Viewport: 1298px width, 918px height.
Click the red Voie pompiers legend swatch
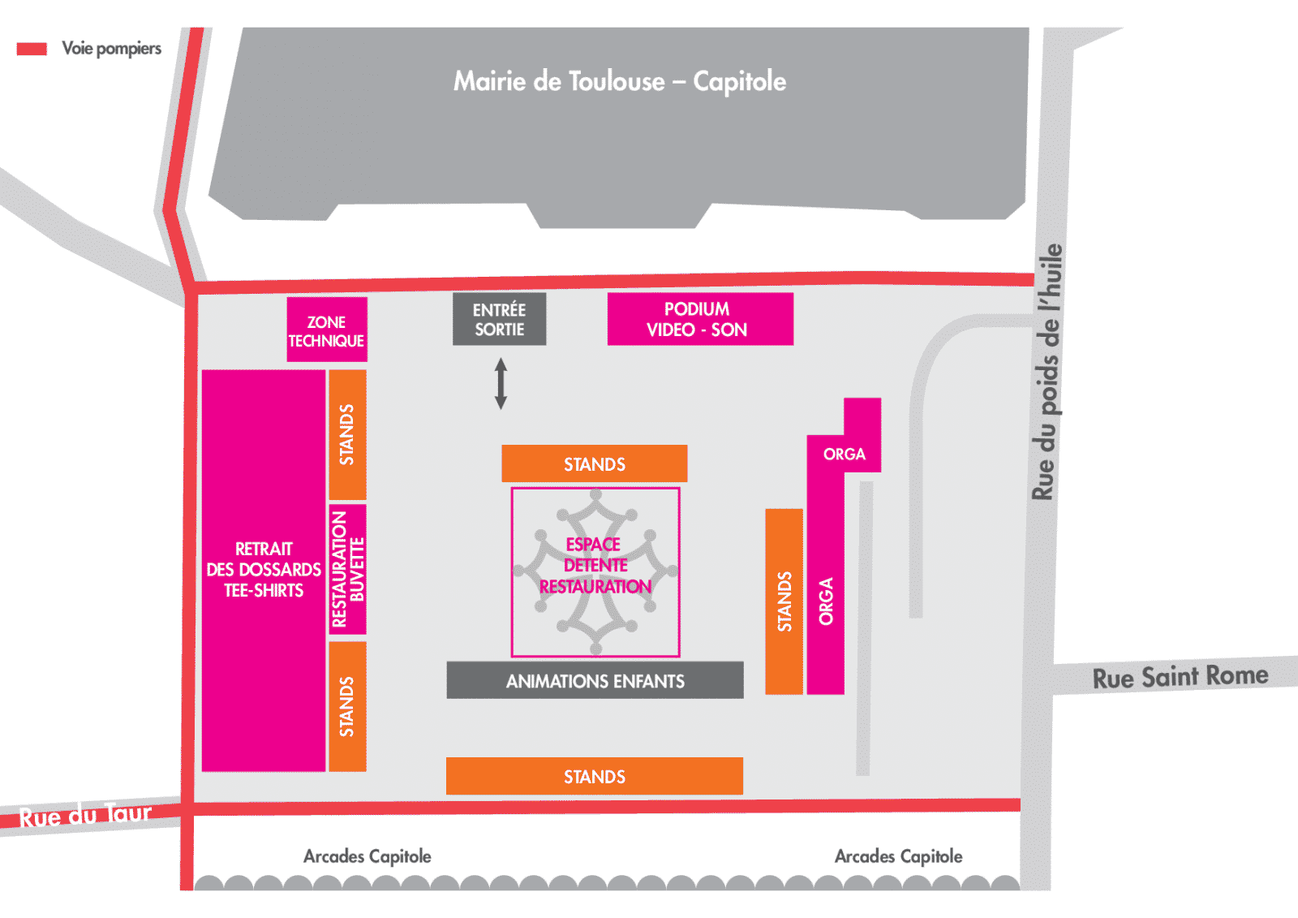(x=32, y=49)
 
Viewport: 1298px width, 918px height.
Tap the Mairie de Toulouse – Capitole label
(x=620, y=81)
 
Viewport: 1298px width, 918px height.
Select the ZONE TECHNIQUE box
(x=327, y=330)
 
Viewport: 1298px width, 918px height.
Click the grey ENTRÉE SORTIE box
(x=499, y=319)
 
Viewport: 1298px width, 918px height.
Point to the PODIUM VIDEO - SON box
(x=700, y=319)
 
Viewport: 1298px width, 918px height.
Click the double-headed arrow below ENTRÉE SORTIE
(x=501, y=383)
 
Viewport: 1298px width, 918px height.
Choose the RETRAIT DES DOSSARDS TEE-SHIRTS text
(x=264, y=570)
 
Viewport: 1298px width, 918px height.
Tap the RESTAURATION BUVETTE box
(x=347, y=570)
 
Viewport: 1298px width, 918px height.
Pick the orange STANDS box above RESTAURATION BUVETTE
(x=347, y=434)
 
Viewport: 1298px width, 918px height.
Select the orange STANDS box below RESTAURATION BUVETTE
(x=347, y=706)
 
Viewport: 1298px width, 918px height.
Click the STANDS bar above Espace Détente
(x=595, y=463)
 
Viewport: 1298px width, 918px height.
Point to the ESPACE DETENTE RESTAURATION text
(x=595, y=566)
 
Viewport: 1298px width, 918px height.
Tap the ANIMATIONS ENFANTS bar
(x=595, y=680)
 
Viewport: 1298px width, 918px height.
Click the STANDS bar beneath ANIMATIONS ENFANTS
(x=595, y=776)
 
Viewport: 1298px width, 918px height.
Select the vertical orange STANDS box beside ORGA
(x=784, y=601)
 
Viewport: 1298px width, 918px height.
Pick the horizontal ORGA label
(x=845, y=454)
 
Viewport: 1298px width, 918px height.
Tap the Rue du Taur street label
(x=85, y=815)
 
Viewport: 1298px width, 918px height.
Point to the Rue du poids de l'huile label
(x=1047, y=372)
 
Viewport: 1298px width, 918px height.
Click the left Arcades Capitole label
(x=367, y=856)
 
